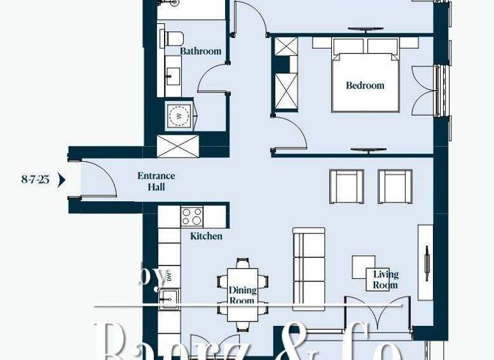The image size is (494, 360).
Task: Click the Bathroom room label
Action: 200,51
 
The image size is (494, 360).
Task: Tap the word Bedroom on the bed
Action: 365,85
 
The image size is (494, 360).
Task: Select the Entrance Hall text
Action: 156,181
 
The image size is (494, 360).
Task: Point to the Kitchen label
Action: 206,236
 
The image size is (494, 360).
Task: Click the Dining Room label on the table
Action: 242,295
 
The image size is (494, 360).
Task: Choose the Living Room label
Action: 385,280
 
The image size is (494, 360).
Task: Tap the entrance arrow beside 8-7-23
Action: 62,179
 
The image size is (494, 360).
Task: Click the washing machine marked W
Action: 178,116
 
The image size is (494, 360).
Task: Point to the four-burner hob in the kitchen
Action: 192,215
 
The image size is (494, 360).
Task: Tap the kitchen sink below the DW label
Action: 170,298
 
